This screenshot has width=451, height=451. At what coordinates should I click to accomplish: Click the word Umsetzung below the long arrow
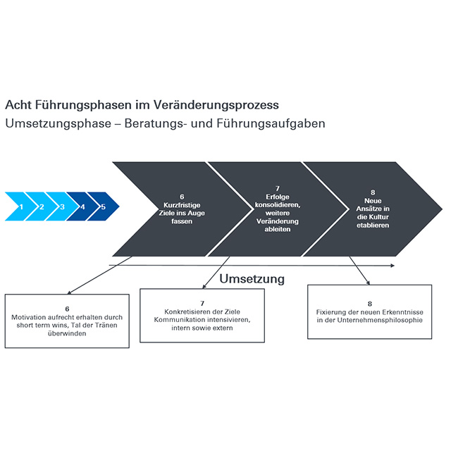252,279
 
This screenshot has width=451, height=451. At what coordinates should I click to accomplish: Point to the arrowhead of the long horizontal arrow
393,266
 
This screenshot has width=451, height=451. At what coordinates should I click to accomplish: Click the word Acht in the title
18,105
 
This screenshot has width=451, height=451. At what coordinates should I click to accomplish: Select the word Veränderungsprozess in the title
216,105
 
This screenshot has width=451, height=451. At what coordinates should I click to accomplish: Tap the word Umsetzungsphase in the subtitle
58,124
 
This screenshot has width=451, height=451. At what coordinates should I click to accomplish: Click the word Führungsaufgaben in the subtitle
271,124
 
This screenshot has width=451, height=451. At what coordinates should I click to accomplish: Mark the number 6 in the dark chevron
182,197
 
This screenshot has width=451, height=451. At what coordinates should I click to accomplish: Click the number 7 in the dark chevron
278,188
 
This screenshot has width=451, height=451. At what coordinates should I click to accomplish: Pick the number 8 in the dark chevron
373,192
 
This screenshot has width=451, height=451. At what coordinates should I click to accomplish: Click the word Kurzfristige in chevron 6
182,205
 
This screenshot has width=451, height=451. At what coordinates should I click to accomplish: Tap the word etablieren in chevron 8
373,225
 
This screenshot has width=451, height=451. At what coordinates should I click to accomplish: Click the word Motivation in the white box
27,317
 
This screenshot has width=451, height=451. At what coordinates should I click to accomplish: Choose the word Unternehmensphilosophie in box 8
380,320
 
